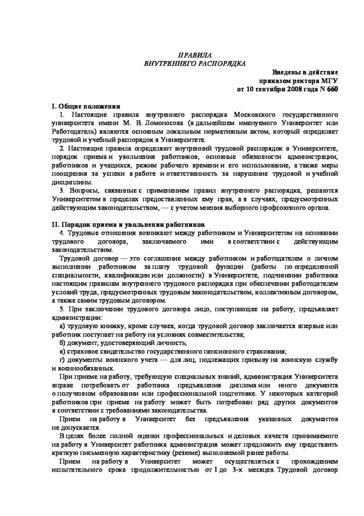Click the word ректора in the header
(x=303, y=81)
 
